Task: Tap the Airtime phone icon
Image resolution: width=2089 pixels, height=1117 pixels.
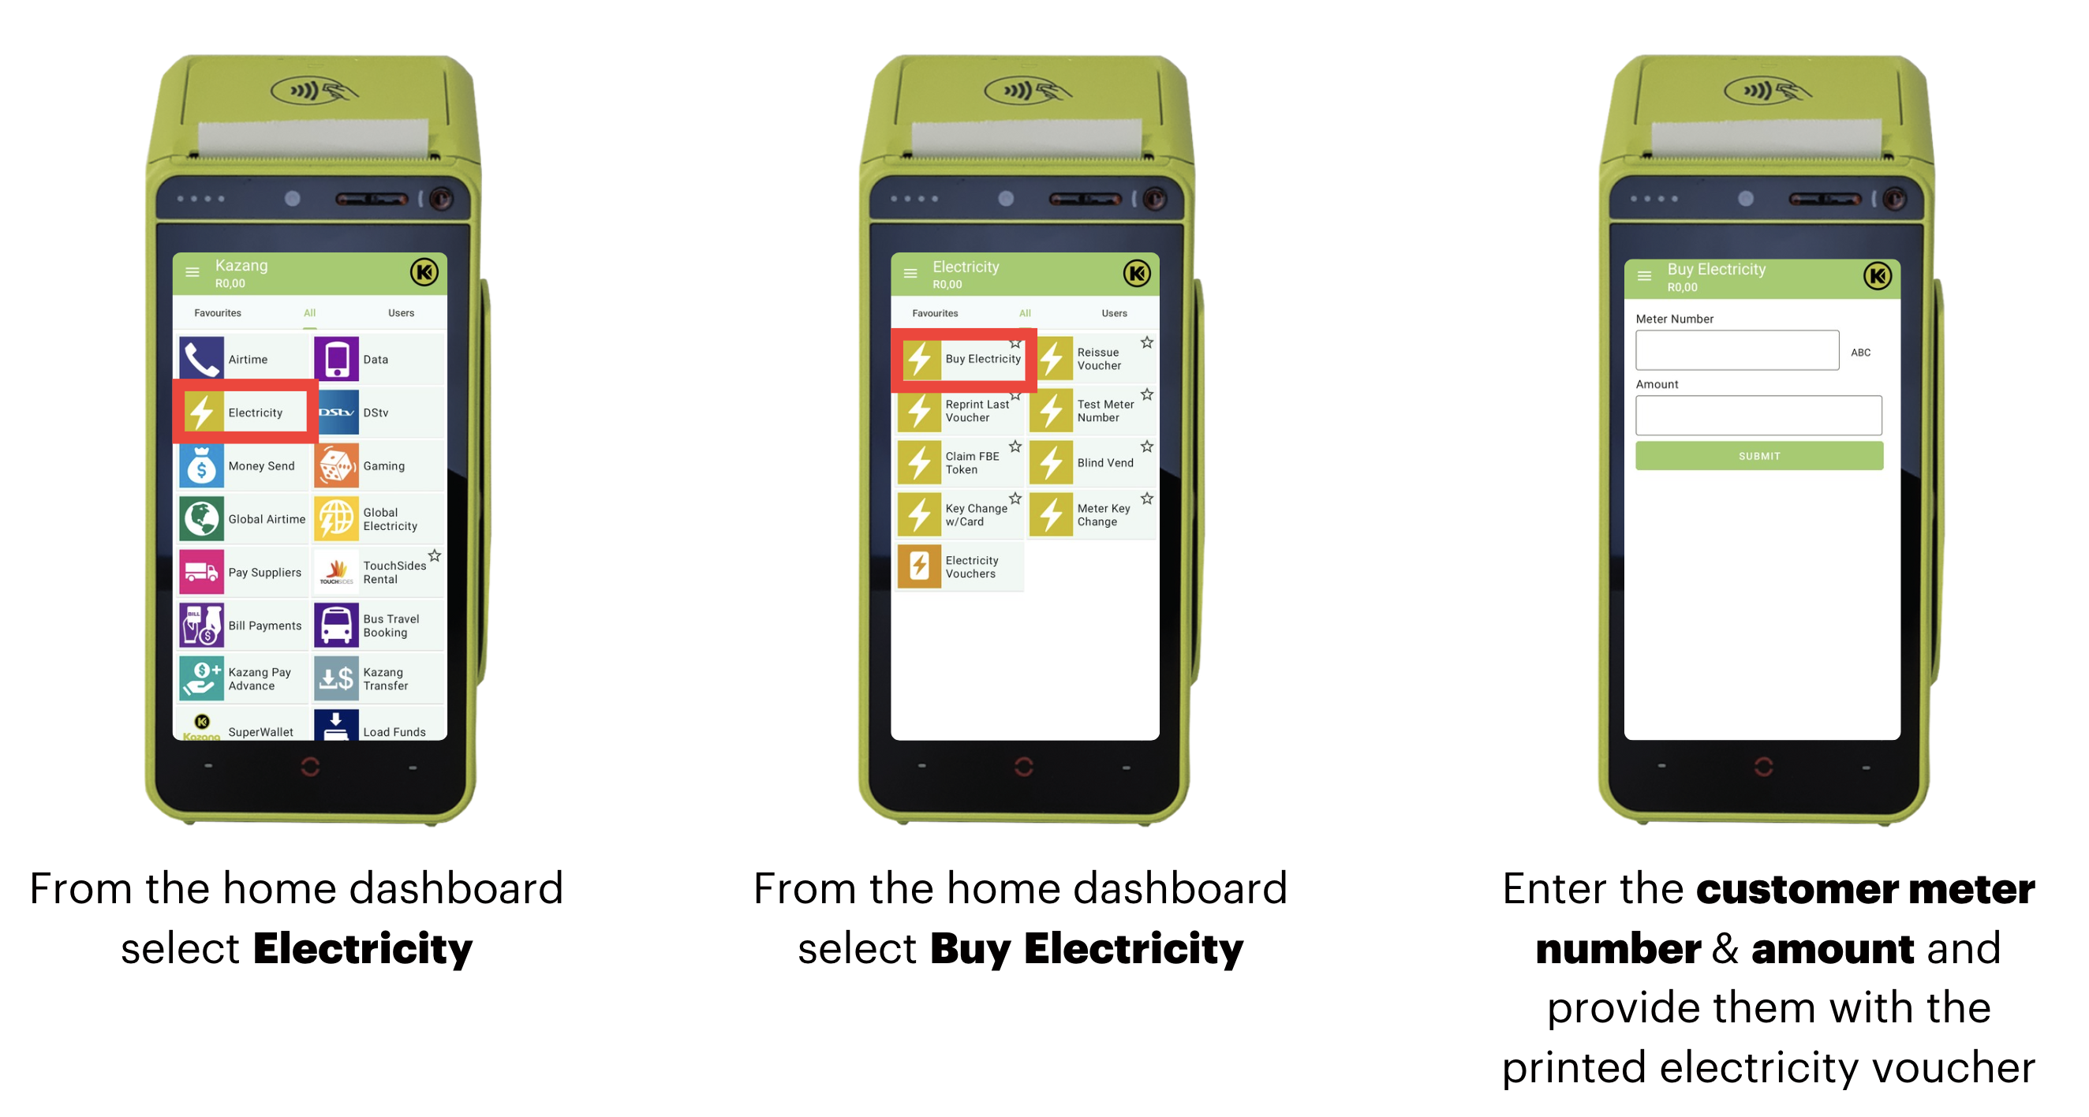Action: [x=201, y=360]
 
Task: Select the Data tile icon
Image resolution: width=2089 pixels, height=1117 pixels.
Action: [x=337, y=360]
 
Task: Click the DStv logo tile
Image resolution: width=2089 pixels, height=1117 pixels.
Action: [x=337, y=413]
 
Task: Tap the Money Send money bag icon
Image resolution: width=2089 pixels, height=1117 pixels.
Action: [x=201, y=466]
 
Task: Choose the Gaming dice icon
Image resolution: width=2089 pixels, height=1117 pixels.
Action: [x=337, y=466]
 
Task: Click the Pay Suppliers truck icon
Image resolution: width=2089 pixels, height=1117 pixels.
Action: [x=201, y=573]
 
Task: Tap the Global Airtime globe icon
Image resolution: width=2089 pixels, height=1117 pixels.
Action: [x=201, y=519]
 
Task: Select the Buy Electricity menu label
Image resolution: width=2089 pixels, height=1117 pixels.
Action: [x=983, y=360]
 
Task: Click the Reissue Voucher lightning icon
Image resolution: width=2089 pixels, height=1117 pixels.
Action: [x=1052, y=360]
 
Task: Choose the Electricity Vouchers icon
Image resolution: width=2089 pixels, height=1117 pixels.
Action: [x=920, y=567]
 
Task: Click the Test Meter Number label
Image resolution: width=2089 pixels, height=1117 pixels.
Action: [x=1105, y=411]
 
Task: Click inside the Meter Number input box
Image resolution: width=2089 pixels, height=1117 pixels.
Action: [x=1737, y=351]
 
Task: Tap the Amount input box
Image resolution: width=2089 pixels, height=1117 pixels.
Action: [x=1758, y=417]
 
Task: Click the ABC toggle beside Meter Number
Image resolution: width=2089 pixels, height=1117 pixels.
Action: [x=1860, y=353]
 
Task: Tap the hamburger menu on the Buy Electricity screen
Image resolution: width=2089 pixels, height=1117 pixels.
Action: [x=1645, y=277]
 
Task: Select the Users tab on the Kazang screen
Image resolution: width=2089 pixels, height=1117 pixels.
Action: [x=402, y=313]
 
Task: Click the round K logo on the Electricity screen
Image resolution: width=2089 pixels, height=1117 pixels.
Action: [x=1137, y=275]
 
